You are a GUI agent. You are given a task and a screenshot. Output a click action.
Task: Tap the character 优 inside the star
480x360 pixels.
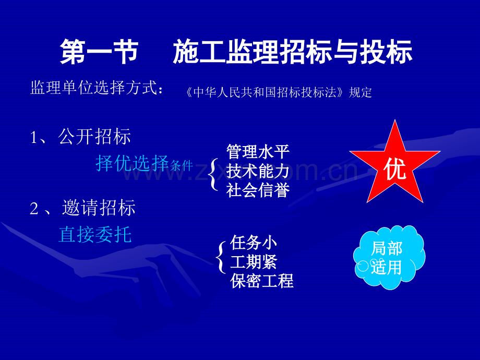tap(395, 169)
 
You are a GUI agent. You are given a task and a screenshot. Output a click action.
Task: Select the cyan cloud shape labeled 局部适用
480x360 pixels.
tap(389, 257)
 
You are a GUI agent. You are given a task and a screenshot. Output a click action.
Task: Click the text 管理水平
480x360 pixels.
tap(258, 151)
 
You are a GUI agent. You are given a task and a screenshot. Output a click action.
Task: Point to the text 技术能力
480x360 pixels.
tap(258, 171)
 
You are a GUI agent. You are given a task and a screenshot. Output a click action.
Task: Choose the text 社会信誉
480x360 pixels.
tap(258, 190)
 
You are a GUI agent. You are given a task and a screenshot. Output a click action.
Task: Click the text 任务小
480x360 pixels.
tap(254, 243)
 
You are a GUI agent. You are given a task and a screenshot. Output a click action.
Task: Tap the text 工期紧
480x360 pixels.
tap(254, 262)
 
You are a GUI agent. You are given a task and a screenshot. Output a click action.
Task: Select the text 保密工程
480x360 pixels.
tap(262, 281)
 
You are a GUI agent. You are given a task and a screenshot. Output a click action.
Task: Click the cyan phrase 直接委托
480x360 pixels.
tap(95, 235)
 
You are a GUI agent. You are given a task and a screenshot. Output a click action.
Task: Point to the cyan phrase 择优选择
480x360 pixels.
tap(132, 163)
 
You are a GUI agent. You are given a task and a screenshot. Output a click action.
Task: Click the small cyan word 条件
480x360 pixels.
tap(181, 165)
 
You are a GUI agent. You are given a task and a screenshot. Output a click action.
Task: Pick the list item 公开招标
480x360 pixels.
tap(94, 136)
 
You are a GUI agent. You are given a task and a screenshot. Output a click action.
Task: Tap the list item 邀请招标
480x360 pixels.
tap(99, 208)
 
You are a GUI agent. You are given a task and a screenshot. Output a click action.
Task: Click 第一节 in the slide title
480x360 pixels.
tap(99, 52)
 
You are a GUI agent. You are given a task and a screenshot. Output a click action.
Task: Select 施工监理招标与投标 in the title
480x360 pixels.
tap(292, 52)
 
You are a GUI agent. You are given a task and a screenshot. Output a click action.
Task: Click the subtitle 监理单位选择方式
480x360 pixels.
tap(94, 88)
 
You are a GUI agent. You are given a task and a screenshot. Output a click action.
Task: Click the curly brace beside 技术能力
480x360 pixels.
tap(213, 174)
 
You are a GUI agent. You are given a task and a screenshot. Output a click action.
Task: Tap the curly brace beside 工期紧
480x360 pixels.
tap(221, 257)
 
